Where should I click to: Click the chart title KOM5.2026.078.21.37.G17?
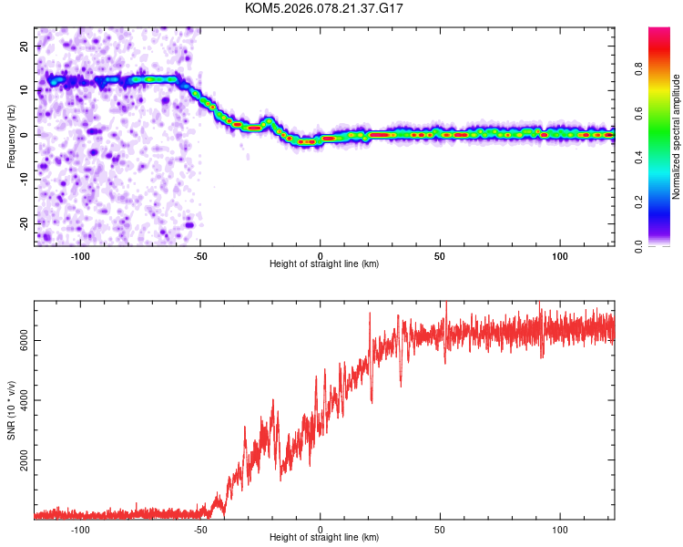coord(324,8)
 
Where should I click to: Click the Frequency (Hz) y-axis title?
coord(12,134)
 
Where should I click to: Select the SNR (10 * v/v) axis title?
coord(12,410)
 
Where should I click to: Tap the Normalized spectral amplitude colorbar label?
coord(676,138)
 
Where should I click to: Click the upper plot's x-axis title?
coord(324,263)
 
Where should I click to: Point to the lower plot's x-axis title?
coord(324,539)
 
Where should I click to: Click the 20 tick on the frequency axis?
coord(25,46)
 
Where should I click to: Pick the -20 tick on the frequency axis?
coord(23,223)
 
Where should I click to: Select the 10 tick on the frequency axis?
coord(25,90)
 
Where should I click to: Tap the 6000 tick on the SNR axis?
coord(20,341)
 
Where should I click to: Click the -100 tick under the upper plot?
coord(80,254)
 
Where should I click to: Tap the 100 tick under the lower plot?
coord(560,530)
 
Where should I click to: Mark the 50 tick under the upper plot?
coord(440,254)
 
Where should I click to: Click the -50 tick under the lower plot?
coord(200,530)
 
